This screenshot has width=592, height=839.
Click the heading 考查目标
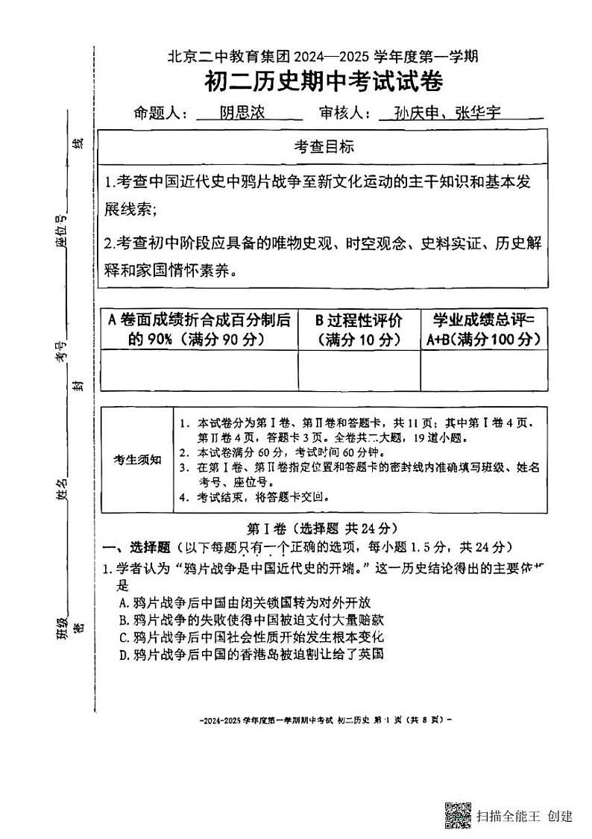[323, 147]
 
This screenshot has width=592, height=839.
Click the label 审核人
[344, 113]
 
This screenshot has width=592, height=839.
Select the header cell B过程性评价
[358, 329]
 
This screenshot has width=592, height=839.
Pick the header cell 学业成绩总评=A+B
[484, 329]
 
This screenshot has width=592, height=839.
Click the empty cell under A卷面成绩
[198, 369]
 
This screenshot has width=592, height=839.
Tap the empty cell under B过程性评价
[359, 369]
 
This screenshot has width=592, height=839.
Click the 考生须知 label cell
[137, 459]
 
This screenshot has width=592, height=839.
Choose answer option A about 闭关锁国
[245, 602]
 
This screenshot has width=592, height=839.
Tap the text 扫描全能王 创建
[525, 816]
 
